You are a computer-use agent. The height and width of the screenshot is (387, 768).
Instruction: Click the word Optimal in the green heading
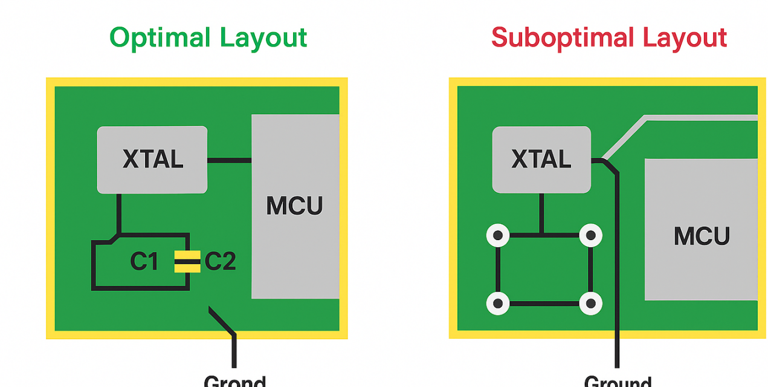point(160,38)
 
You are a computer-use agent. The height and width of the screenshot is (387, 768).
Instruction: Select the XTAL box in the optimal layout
point(152,160)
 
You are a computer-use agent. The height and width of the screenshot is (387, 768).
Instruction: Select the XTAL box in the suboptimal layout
point(541,160)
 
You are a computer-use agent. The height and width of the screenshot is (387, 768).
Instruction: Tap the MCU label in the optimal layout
point(295,206)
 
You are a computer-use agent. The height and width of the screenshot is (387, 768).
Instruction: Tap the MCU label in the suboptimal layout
point(702,236)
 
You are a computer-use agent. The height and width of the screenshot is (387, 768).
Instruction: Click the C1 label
point(144,262)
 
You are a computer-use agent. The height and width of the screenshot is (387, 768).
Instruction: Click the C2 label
point(220,262)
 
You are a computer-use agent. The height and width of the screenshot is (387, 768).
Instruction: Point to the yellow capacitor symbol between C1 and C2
point(187,262)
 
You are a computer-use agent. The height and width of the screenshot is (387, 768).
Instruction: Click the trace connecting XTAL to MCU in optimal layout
point(229,161)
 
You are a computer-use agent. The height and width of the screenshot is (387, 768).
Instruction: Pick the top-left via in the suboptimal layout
point(498,235)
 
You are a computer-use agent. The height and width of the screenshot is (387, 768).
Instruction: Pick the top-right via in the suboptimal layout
point(590,235)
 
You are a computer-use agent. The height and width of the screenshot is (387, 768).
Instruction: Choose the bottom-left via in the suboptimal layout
point(498,304)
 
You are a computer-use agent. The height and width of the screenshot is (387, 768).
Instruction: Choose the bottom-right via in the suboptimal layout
point(590,304)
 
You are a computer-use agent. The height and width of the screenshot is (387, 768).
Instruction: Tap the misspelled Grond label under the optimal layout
point(234,382)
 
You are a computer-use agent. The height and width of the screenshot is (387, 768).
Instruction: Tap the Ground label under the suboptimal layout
point(618,382)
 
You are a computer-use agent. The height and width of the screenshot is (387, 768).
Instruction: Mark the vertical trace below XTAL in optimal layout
point(119,213)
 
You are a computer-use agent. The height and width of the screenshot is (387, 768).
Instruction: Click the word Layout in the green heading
point(263,38)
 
